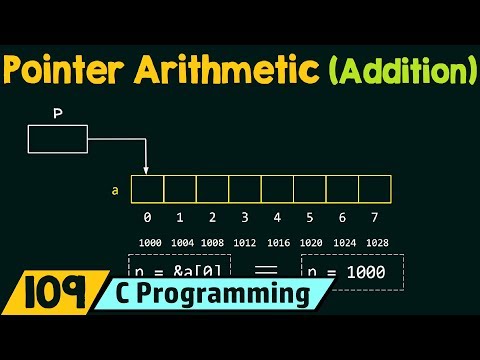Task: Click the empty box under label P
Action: tap(57, 139)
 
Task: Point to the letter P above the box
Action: tap(57, 113)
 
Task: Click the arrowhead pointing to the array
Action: tap(147, 171)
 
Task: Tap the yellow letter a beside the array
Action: tap(116, 187)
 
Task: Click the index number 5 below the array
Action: tap(310, 216)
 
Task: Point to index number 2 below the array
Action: tap(212, 216)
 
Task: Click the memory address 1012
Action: tap(245, 242)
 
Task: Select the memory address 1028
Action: tap(375, 242)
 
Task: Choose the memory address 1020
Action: tap(310, 242)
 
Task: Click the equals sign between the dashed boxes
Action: tap(263, 268)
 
